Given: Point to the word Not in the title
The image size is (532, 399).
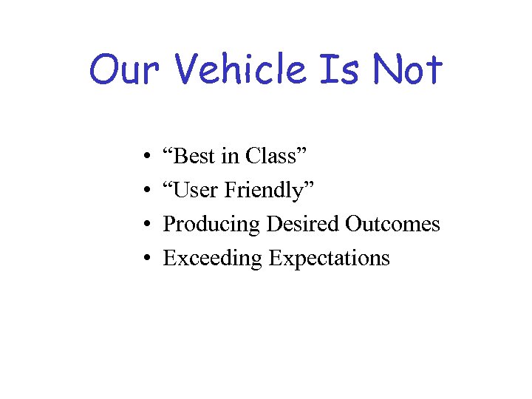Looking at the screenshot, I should coord(407,70).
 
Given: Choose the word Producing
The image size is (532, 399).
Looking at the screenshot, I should coord(211,224).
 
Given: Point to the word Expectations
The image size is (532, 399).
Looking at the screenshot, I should coord(329,259).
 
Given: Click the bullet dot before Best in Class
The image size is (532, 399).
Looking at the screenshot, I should coord(149,157).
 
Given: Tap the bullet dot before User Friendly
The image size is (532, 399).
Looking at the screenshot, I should coord(149,191).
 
